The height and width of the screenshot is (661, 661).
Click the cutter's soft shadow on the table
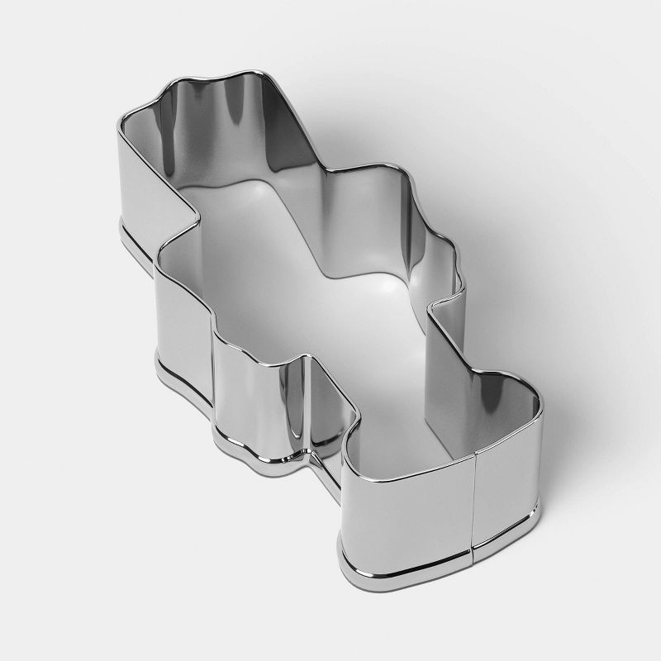pyautogui.click(x=529, y=273)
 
